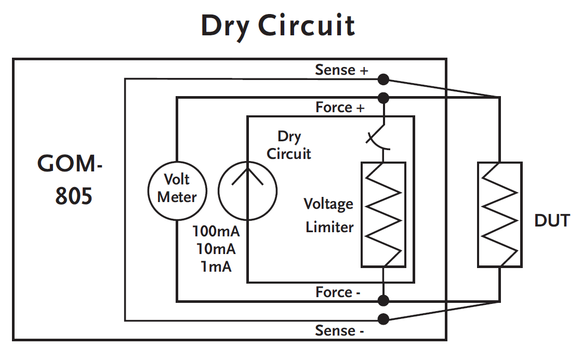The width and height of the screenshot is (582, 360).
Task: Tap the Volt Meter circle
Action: [x=177, y=188]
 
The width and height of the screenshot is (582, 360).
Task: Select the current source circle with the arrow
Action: [x=247, y=188]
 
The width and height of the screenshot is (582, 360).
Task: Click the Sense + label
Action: [x=341, y=70]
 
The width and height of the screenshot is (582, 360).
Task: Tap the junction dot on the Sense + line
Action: [x=383, y=79]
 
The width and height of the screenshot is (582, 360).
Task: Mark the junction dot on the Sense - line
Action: [x=383, y=319]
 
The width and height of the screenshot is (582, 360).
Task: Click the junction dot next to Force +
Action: [x=383, y=98]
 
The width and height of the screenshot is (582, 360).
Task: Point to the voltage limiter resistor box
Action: [x=383, y=214]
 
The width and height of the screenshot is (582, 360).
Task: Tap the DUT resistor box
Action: [x=499, y=214]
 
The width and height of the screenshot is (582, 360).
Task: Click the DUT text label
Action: [x=552, y=221]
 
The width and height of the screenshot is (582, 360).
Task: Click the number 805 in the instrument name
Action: [x=74, y=196]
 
